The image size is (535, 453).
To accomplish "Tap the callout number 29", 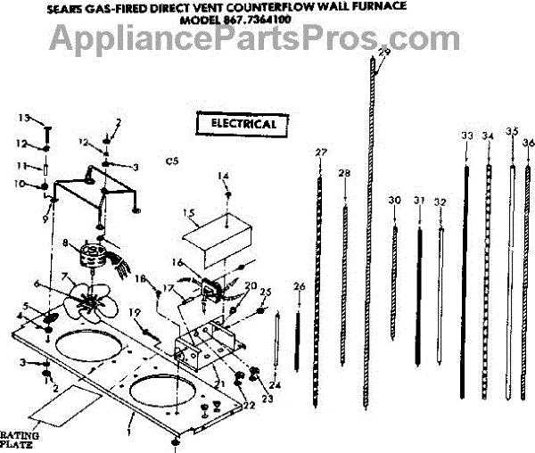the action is (x=383, y=54).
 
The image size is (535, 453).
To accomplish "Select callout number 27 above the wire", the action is (x=321, y=153).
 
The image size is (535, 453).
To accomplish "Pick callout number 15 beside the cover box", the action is (x=188, y=213).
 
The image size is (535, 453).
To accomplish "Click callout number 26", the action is (x=299, y=286).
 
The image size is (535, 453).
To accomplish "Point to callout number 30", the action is (x=394, y=202).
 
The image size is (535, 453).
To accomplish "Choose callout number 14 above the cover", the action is (x=224, y=177).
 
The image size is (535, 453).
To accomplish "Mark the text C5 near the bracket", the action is (x=172, y=161).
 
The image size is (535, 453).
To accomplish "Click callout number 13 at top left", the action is (x=25, y=118).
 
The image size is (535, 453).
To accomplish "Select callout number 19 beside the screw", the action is (x=135, y=312).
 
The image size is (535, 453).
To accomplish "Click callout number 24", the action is (x=275, y=385).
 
